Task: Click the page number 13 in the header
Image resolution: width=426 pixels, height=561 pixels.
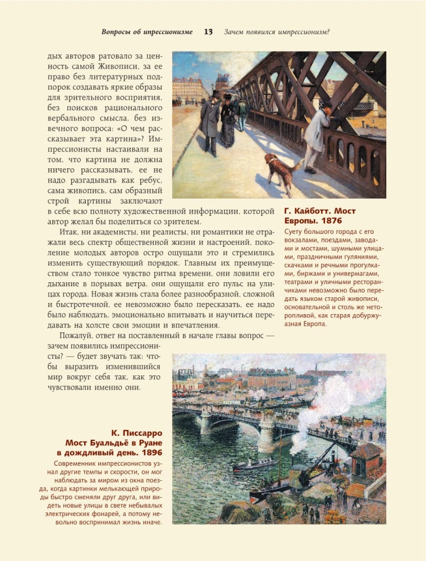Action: point(208,31)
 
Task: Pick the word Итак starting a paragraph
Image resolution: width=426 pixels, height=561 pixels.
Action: point(70,232)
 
